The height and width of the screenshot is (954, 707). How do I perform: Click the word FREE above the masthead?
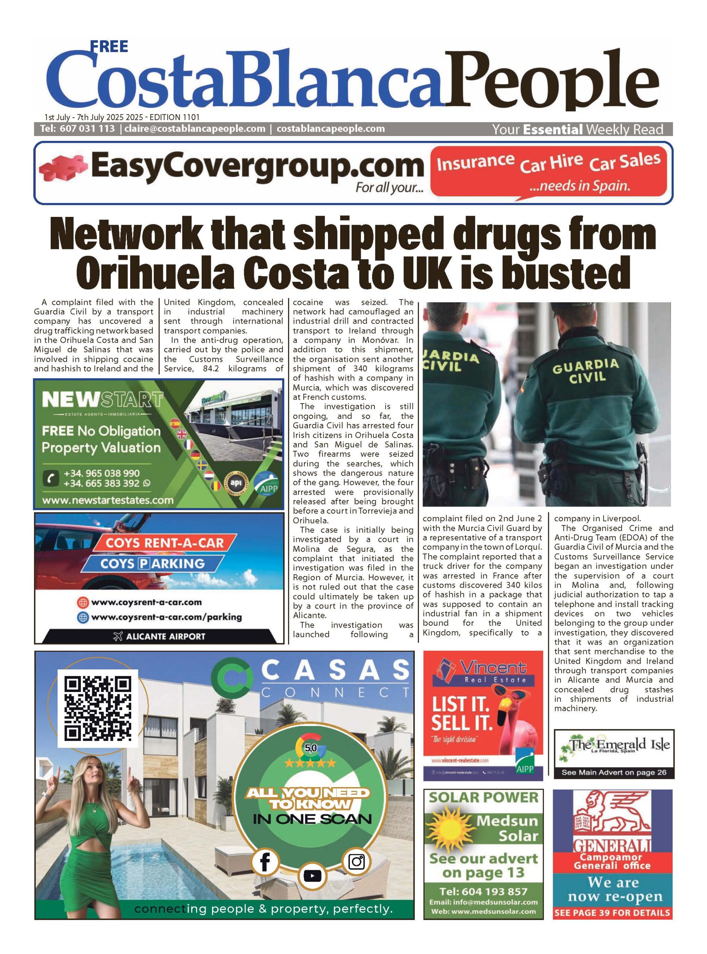pos(109,46)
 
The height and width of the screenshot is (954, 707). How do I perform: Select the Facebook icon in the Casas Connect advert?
pos(265,862)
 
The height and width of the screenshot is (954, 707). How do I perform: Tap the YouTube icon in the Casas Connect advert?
pos(312,876)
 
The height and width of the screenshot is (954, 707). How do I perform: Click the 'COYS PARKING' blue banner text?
pos(153,563)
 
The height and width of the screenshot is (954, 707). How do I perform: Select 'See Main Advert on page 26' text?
pos(614,772)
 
